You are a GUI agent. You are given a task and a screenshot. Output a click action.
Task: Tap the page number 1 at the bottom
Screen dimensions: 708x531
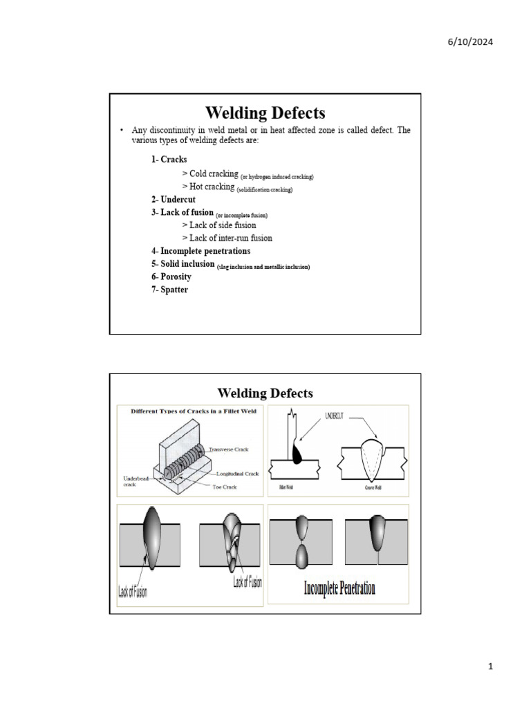[490, 667]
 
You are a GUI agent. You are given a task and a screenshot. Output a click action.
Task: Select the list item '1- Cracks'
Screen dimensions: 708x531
[169, 160]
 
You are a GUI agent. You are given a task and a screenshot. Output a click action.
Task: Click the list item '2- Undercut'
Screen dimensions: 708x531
[173, 200]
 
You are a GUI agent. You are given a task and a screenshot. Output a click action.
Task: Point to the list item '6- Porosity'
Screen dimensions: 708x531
[171, 277]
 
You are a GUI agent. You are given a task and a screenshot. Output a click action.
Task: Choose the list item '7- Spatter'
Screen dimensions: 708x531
[169, 290]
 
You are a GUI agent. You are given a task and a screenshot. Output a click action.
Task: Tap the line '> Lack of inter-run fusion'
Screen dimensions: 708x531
[227, 238]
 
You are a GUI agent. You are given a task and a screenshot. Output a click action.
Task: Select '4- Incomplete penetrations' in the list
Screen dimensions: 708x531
[201, 251]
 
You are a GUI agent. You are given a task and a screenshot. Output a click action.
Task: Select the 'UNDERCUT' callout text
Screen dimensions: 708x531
[339, 417]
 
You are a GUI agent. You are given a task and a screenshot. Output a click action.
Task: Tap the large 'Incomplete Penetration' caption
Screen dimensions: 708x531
[340, 588]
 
